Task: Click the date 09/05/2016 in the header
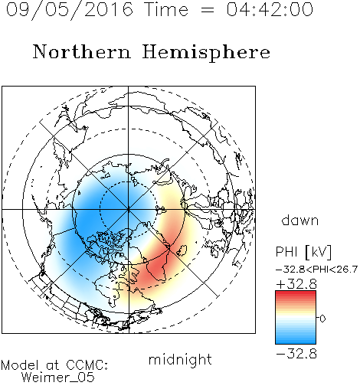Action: pyautogui.click(x=70, y=10)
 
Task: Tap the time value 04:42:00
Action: pyautogui.click(x=270, y=9)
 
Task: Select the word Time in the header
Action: pyautogui.click(x=166, y=9)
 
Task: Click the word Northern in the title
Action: pyautogui.click(x=82, y=51)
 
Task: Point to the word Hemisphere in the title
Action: pyautogui.click(x=206, y=53)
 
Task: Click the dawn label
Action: pyautogui.click(x=300, y=220)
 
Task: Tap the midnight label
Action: pyautogui.click(x=180, y=359)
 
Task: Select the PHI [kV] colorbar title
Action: pyautogui.click(x=303, y=252)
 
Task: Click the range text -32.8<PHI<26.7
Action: pyautogui.click(x=316, y=270)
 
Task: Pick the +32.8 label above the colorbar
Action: pyautogui.click(x=296, y=284)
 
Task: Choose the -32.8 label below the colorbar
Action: pyautogui.click(x=296, y=354)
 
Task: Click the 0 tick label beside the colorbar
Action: pyautogui.click(x=322, y=319)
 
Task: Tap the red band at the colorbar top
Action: pyautogui.click(x=296, y=293)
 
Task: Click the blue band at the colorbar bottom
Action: pyautogui.click(x=296, y=342)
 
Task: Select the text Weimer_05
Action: pyautogui.click(x=58, y=378)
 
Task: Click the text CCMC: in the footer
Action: pyautogui.click(x=87, y=365)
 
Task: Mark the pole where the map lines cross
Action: pyautogui.click(x=129, y=210)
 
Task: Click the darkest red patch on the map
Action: pyautogui.click(x=158, y=268)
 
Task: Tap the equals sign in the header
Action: pyautogui.click(x=208, y=11)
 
